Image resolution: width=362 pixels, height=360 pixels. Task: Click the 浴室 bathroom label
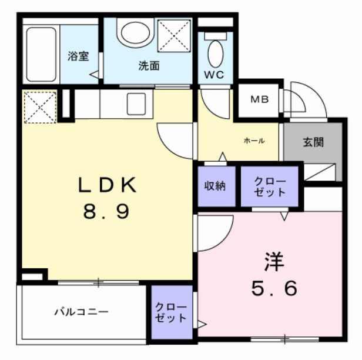[78, 57]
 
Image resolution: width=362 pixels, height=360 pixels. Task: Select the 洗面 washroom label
[149, 66]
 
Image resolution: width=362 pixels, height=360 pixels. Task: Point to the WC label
[214, 75]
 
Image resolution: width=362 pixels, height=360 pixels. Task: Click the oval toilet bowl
[216, 52]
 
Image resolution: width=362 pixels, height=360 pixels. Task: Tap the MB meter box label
[260, 99]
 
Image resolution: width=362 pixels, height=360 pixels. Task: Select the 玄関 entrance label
[313, 142]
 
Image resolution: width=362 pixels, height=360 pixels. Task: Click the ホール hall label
[254, 141]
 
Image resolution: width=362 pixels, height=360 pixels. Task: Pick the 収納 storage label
[216, 186]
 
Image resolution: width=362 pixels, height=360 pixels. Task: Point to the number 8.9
[106, 211]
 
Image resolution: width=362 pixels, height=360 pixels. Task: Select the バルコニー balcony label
[82, 311]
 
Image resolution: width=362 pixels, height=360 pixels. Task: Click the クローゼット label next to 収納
[270, 186]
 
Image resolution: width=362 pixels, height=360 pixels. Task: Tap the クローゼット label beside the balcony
[172, 313]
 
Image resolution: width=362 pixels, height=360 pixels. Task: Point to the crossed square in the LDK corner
[40, 108]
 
